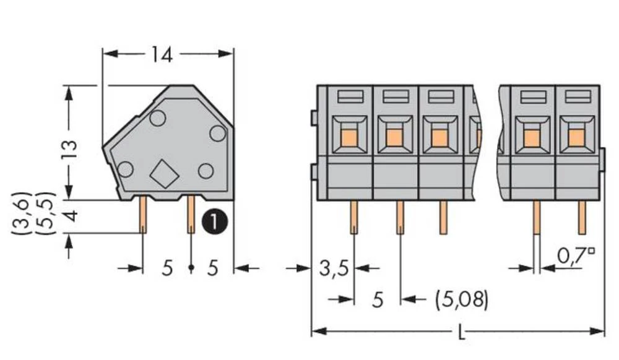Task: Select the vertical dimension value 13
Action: pyautogui.click(x=70, y=150)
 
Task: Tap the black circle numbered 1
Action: pyautogui.click(x=215, y=220)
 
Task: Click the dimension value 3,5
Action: pyautogui.click(x=334, y=268)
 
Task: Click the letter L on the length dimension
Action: pyautogui.click(x=461, y=335)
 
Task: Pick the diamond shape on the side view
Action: pyautogui.click(x=165, y=174)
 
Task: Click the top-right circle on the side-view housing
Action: pyautogui.click(x=217, y=132)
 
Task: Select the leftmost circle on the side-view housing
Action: pyautogui.click(x=126, y=168)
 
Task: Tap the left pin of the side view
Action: pyautogui.click(x=142, y=214)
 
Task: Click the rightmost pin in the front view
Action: pyautogui.click(x=582, y=217)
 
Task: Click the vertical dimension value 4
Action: pyautogui.click(x=70, y=217)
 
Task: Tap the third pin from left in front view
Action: pyautogui.click(x=443, y=217)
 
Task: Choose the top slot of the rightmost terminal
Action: pyautogui.click(x=576, y=96)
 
